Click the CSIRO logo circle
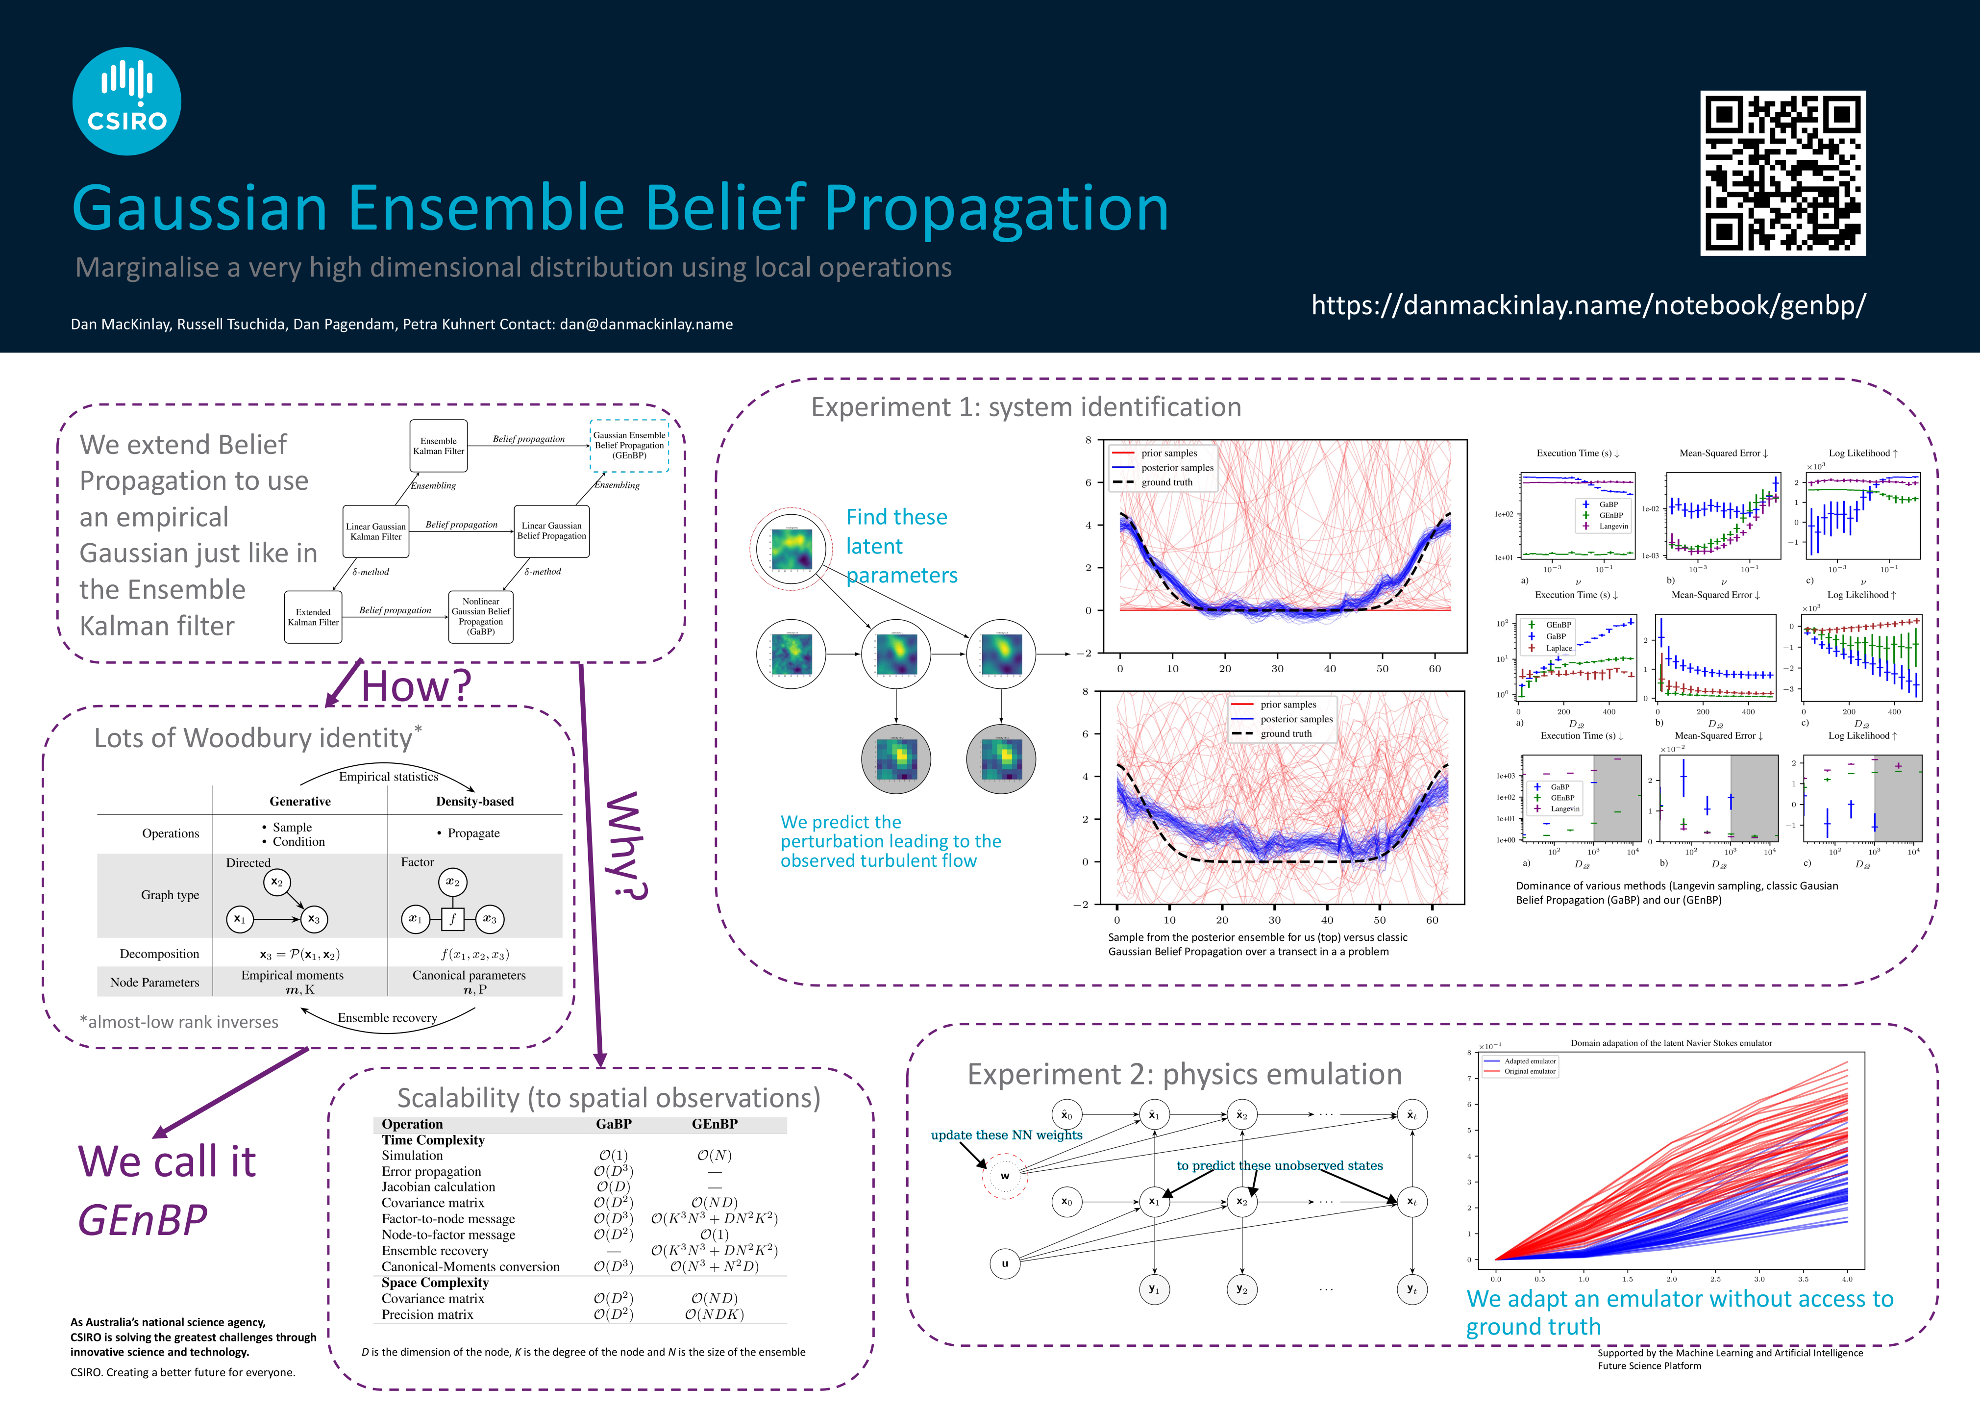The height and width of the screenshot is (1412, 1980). tap(127, 101)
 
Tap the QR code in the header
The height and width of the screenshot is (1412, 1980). tap(1782, 173)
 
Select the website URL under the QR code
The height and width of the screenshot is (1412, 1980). tap(1588, 305)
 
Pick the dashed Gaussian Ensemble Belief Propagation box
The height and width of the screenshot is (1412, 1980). tap(629, 445)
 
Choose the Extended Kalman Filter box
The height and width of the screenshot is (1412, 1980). tap(313, 617)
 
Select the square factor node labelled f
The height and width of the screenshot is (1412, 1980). tap(452, 918)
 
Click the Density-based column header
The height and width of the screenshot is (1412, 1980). tap(474, 801)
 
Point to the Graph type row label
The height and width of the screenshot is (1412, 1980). tap(171, 895)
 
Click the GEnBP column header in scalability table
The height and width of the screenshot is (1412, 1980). tap(715, 1124)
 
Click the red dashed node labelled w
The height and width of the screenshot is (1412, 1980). tap(1005, 1176)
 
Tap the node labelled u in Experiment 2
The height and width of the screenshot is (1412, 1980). tap(1005, 1263)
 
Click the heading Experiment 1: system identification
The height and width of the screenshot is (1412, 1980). tap(1026, 407)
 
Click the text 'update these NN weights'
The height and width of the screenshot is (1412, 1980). tap(1007, 1135)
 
